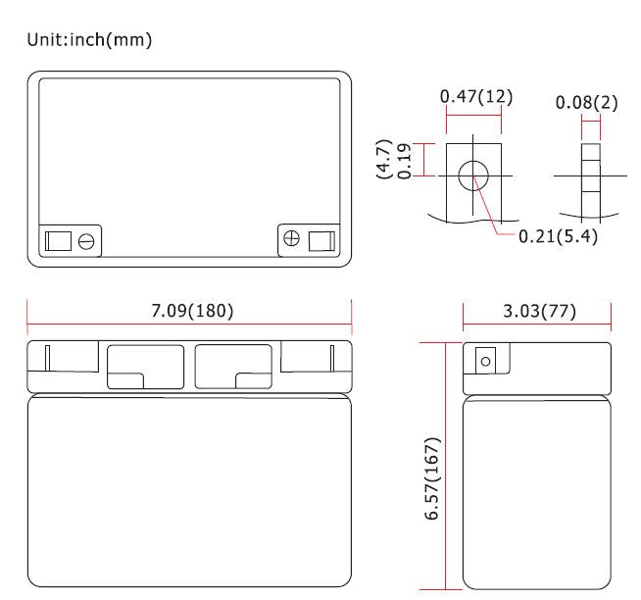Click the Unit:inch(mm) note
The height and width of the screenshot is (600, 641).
[x=89, y=39]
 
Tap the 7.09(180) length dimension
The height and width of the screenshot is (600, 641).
[x=192, y=311]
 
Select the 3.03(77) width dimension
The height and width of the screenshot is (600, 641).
[x=539, y=311]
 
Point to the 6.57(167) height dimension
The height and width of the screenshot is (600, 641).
[x=432, y=478]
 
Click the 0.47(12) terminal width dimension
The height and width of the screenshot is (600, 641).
[x=475, y=96]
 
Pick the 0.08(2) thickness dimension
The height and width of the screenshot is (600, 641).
[x=586, y=102]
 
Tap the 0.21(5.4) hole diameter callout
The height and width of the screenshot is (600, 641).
[x=558, y=236]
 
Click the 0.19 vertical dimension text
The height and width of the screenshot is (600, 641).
[x=405, y=161]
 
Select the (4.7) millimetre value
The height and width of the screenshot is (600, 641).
[x=384, y=159]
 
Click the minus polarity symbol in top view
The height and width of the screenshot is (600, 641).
[x=86, y=241]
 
